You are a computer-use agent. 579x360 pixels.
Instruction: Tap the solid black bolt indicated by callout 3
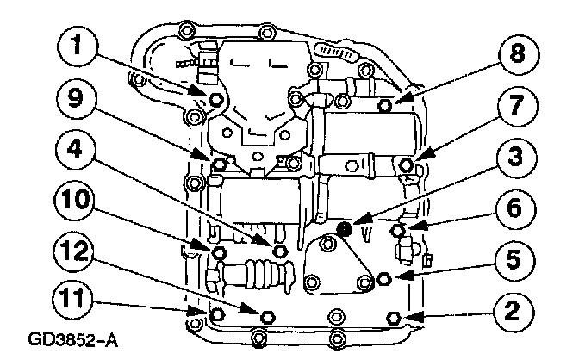coord(345,229)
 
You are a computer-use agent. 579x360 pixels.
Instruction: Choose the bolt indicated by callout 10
coord(217,252)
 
